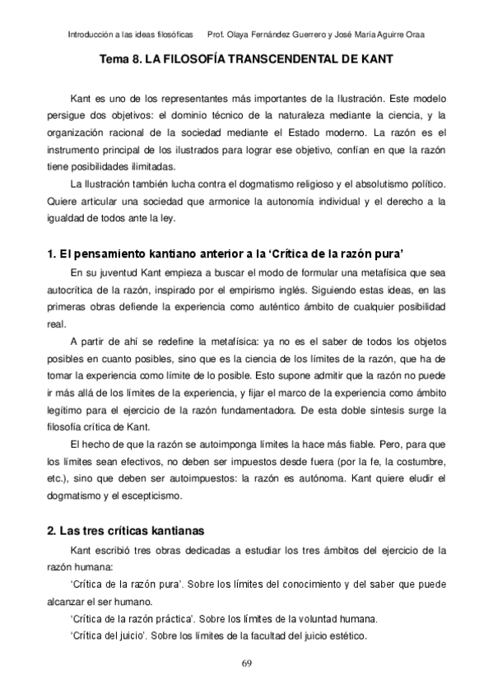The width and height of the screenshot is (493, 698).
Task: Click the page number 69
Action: (246, 663)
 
